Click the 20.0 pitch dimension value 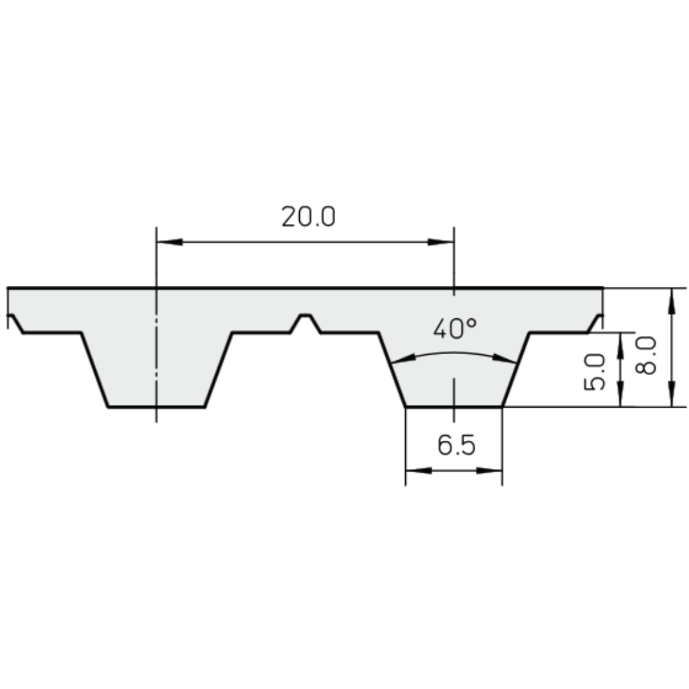pyautogui.click(x=308, y=218)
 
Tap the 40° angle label pyautogui.click(x=454, y=329)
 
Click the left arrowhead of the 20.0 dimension pyautogui.click(x=169, y=242)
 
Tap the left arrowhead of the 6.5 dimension pyautogui.click(x=417, y=471)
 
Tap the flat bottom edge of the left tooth pyautogui.click(x=156, y=406)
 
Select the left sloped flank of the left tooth pyautogui.click(x=95, y=369)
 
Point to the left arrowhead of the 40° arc pyautogui.click(x=399, y=362)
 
